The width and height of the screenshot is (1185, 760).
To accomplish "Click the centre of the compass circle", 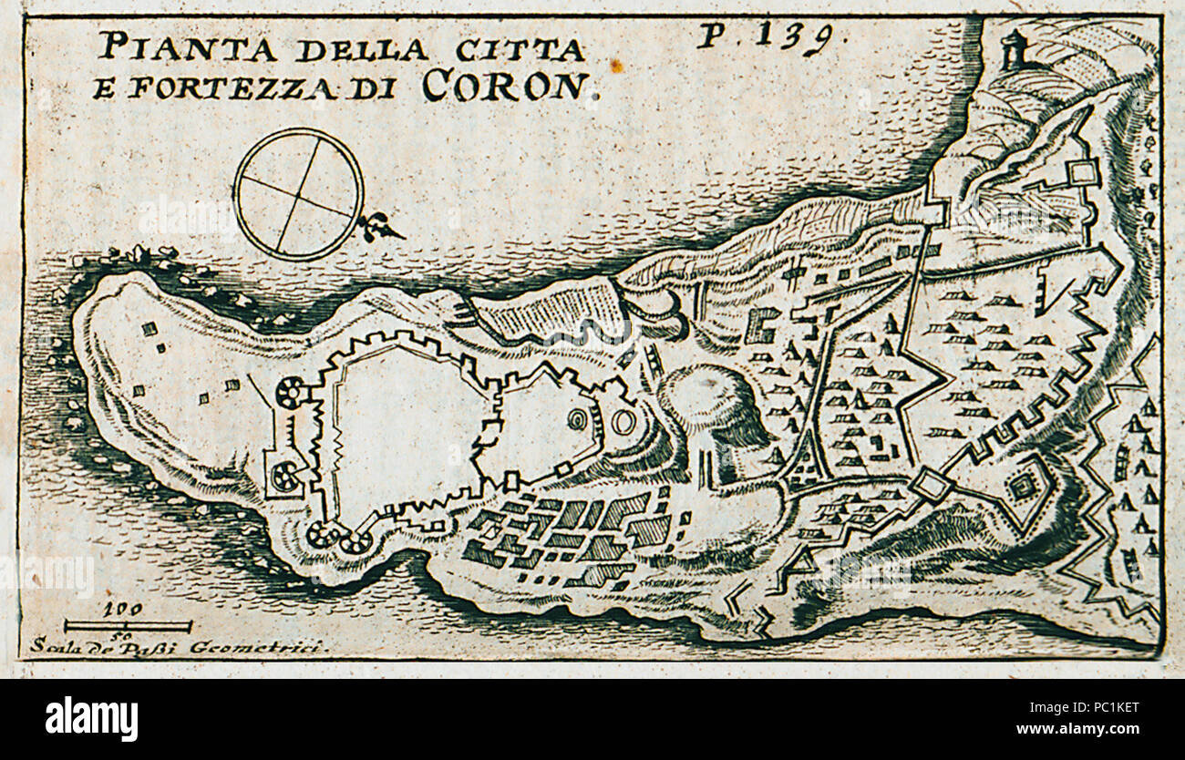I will [x=298, y=193].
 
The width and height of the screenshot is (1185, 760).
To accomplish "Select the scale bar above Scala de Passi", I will [x=128, y=626].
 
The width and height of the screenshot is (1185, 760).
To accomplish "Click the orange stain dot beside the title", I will [x=616, y=65].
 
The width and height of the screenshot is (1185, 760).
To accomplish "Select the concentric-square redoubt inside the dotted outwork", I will [x=1023, y=486].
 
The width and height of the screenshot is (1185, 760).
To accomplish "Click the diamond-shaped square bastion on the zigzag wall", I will [x=930, y=483].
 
